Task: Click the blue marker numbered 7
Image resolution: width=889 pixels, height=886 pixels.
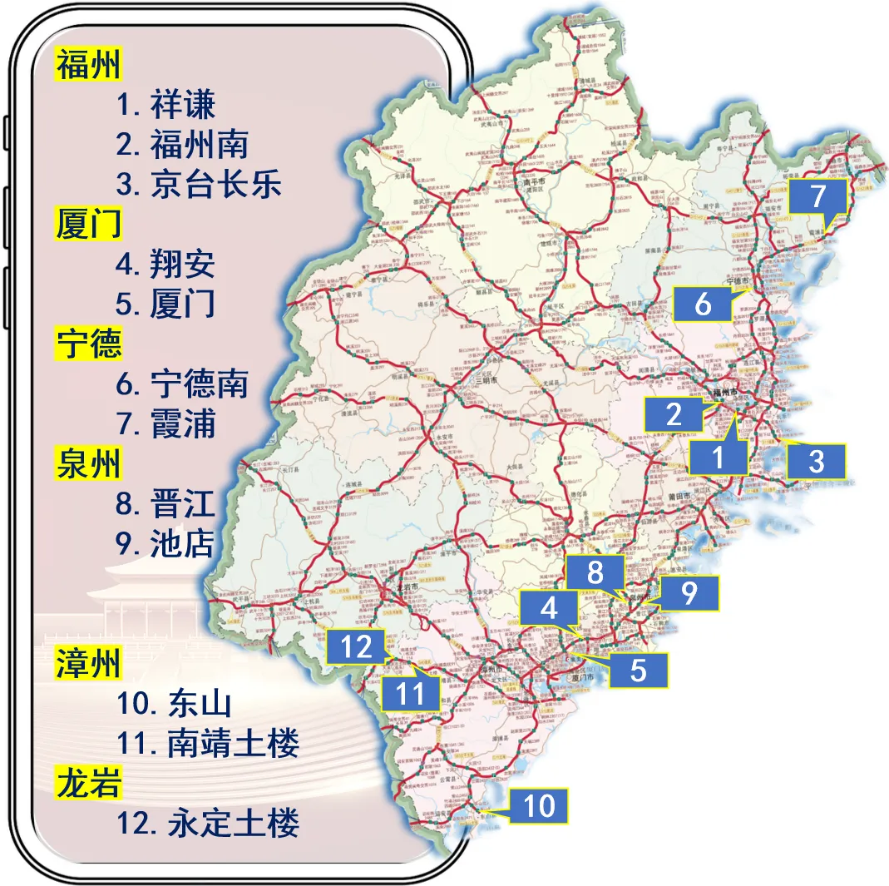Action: coord(817,198)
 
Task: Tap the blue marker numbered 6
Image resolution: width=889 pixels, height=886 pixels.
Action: coord(703,304)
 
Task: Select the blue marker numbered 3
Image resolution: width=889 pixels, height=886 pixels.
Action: coord(816,461)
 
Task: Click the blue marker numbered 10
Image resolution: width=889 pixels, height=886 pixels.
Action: coord(539,805)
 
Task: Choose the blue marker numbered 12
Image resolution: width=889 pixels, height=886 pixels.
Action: coord(356,646)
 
